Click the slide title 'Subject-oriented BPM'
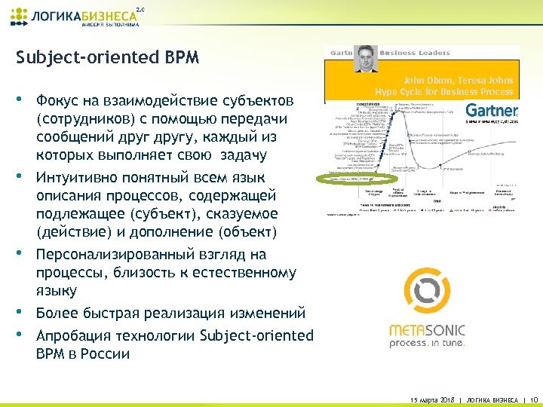(107, 58)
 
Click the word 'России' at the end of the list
(106, 353)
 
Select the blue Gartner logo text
(491, 111)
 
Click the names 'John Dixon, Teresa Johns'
(458, 80)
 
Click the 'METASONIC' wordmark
(427, 329)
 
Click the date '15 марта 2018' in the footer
(432, 398)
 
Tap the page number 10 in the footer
(534, 398)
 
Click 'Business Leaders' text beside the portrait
(414, 53)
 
